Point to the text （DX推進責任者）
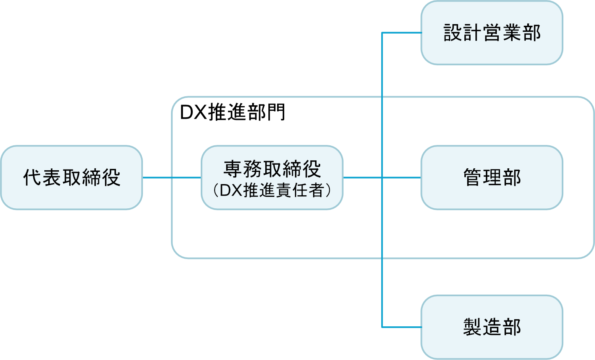tap(272, 190)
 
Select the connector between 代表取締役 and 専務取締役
tap(172, 177)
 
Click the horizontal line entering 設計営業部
tap(401, 32)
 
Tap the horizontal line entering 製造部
tap(401, 328)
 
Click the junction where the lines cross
tap(382, 178)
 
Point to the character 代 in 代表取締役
tap(32, 177)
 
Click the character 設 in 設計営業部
tap(453, 32)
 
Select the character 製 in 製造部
tap(472, 328)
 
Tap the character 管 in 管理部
tap(473, 177)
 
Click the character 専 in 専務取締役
tap(233, 169)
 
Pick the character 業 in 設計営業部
tap(511, 32)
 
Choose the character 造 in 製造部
tap(492, 328)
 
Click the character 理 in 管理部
tap(492, 177)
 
